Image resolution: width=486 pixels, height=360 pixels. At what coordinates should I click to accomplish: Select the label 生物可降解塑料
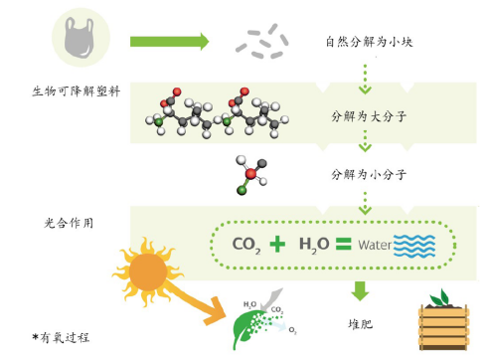pyautogui.click(x=76, y=91)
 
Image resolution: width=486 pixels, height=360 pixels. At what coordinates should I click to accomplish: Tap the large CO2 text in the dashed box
pyautogui.click(x=249, y=244)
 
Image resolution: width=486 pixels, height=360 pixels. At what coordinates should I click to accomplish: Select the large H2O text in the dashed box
pyautogui.click(x=316, y=244)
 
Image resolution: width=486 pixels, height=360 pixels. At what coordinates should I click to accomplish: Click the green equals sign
pyautogui.click(x=345, y=243)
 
